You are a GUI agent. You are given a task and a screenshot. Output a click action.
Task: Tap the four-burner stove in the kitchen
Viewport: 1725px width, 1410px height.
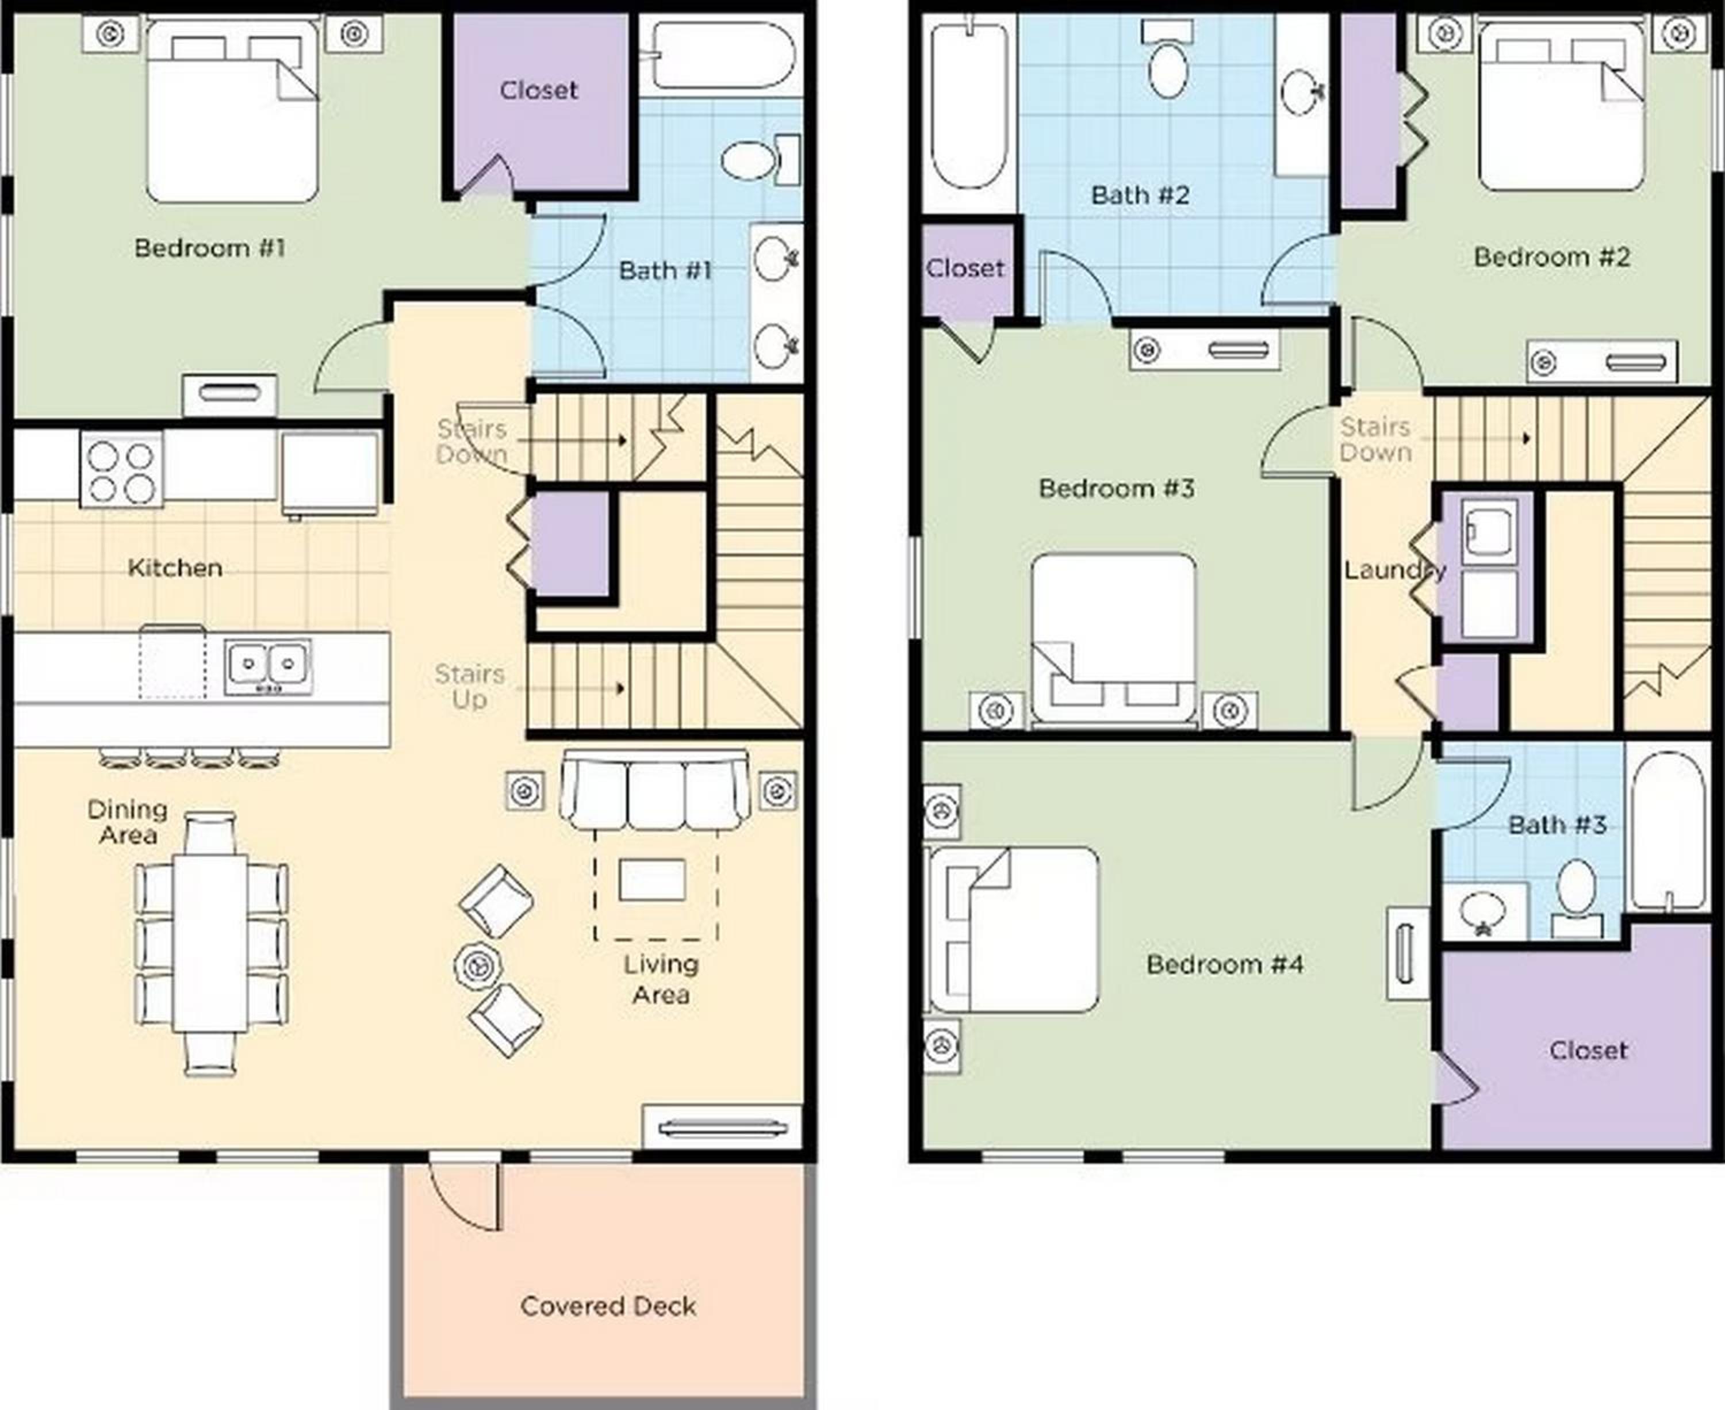click(122, 469)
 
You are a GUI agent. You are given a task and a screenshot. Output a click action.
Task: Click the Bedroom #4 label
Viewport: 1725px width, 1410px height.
click(1225, 964)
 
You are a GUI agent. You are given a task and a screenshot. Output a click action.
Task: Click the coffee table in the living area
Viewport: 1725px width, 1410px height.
click(652, 880)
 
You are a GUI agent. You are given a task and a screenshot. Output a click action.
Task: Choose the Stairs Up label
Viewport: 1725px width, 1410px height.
click(469, 687)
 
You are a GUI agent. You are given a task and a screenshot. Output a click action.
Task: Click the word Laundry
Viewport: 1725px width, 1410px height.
click(1394, 570)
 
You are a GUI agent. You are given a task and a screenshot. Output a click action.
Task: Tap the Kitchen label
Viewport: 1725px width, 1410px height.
click(175, 568)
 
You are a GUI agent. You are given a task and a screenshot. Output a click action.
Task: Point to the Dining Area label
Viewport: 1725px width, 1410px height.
click(128, 822)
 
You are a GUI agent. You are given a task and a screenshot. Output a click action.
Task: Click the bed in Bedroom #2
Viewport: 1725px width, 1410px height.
click(1561, 106)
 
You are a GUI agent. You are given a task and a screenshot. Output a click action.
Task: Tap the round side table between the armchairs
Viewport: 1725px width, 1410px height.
click(478, 965)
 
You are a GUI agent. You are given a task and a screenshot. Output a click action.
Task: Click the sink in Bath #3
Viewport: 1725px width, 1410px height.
click(1483, 911)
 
